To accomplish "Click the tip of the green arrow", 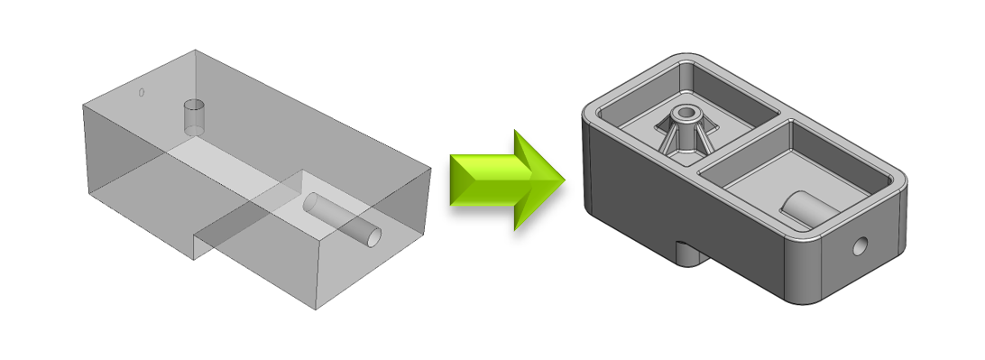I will click(x=563, y=180).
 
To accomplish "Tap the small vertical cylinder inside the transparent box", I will click(x=195, y=118).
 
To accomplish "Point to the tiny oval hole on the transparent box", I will click(x=142, y=92).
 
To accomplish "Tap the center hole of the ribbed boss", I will click(x=687, y=115).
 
